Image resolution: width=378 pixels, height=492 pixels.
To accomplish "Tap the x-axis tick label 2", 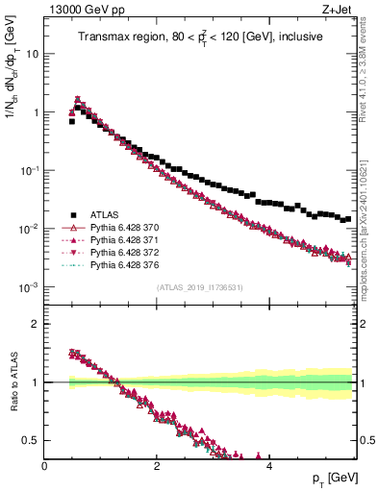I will (157, 465).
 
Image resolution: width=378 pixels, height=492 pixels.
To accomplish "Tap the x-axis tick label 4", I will (268, 465).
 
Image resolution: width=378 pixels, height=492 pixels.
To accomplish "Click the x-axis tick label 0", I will (45, 465).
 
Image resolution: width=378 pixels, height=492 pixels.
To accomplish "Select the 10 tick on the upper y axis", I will (31, 54).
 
